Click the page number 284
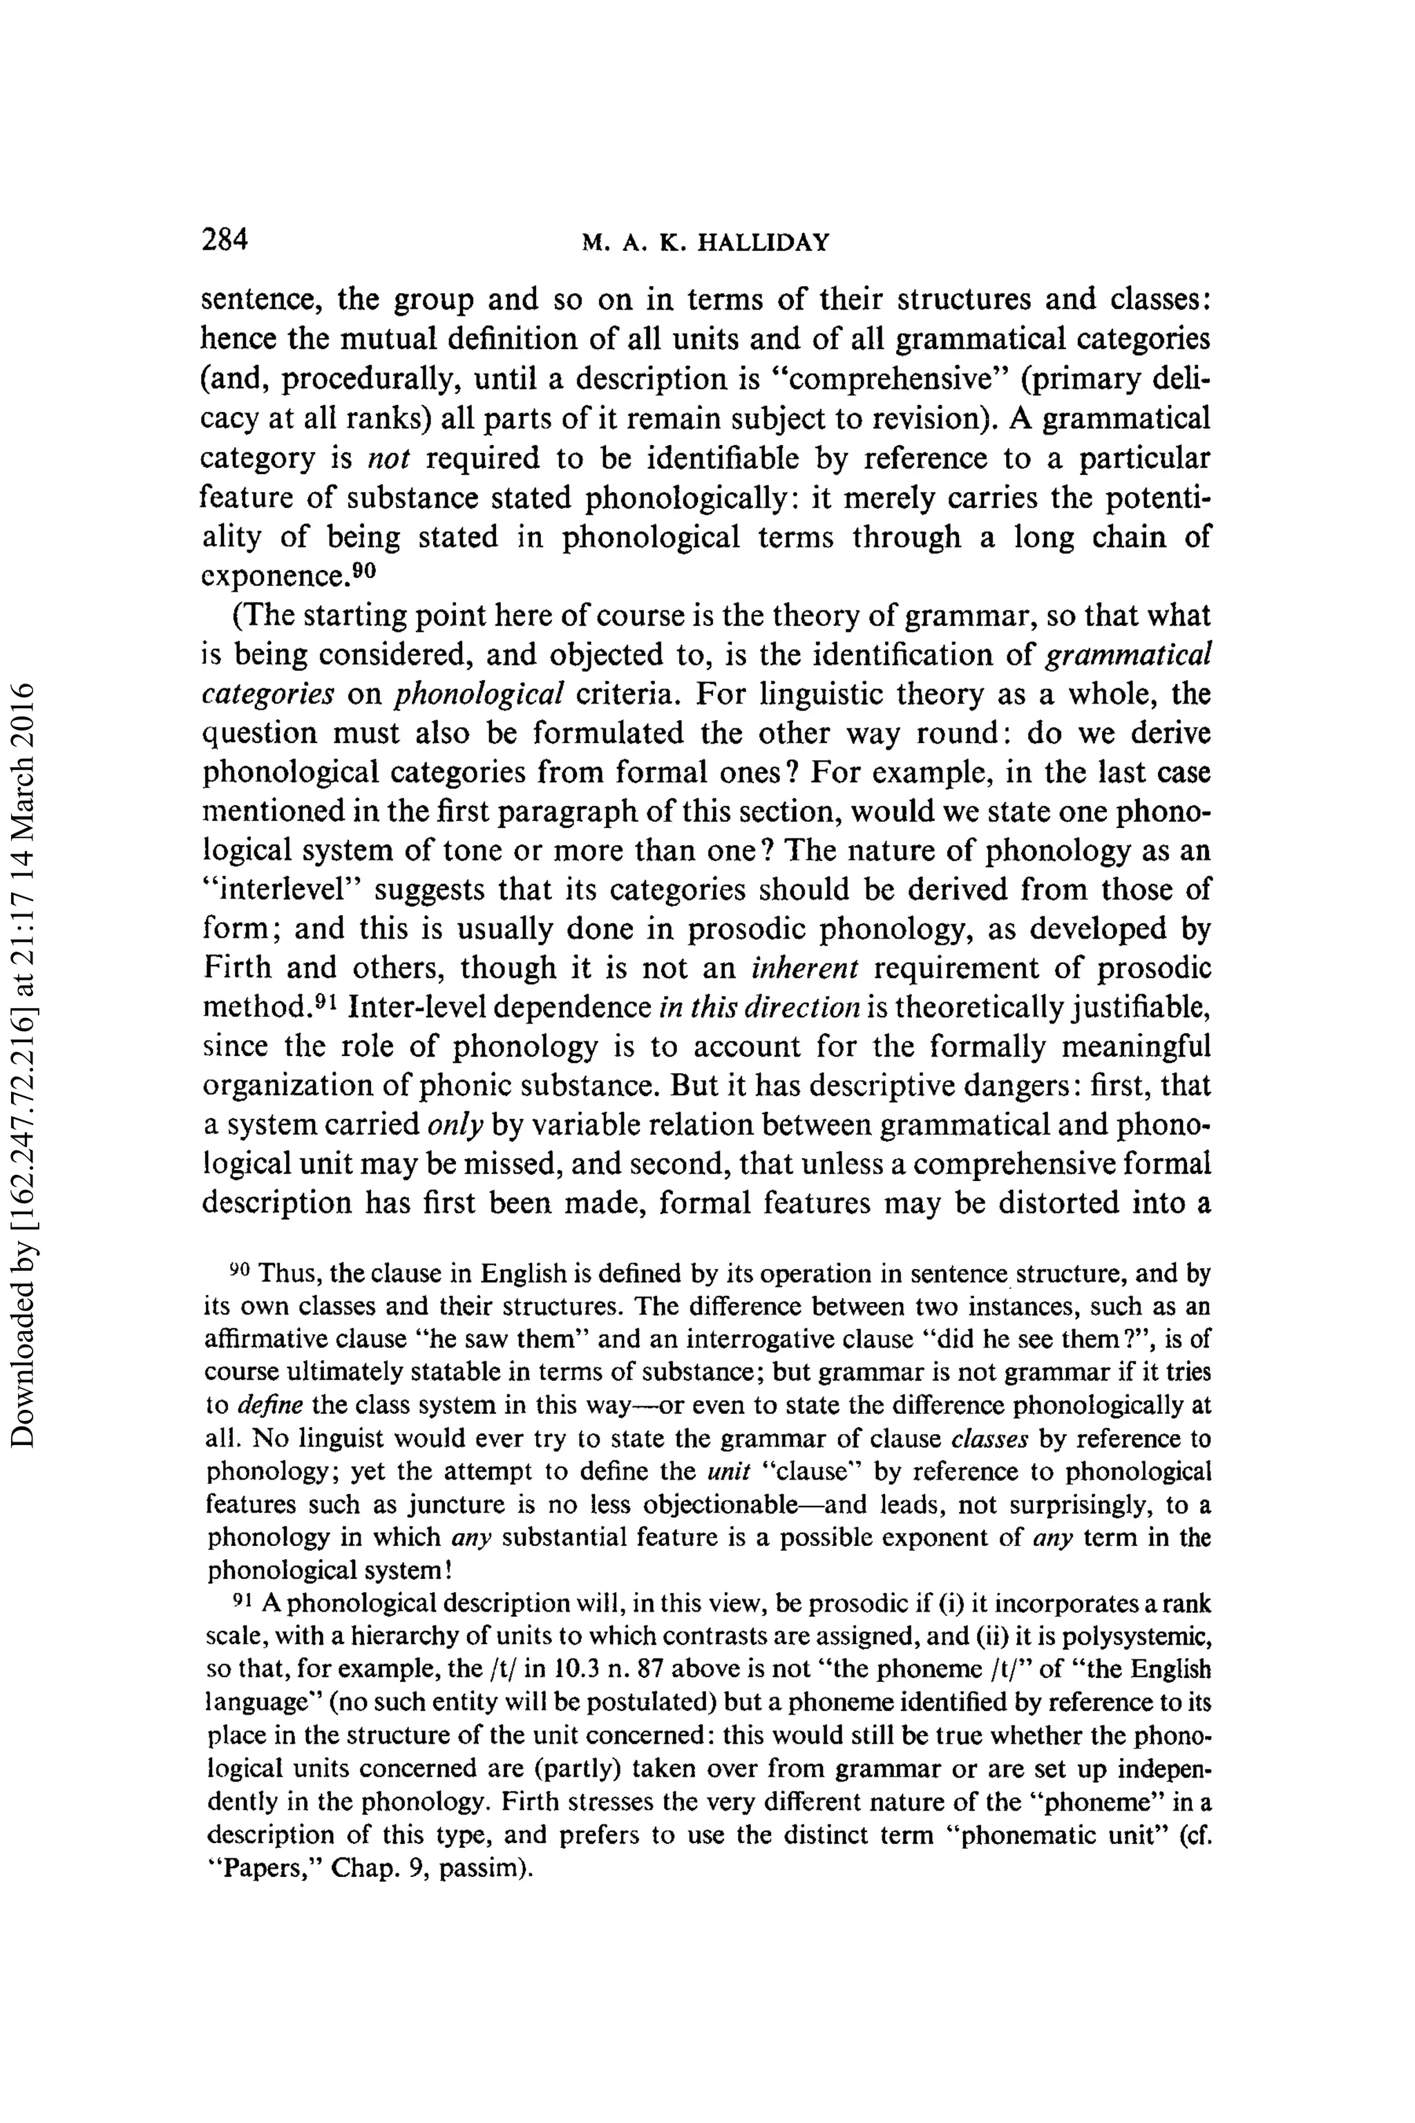(x=225, y=239)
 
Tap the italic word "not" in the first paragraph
(x=390, y=459)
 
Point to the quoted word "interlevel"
(x=282, y=890)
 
